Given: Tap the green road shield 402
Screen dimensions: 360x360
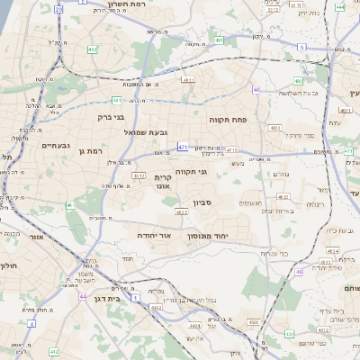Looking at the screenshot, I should pyautogui.click(x=92, y=49).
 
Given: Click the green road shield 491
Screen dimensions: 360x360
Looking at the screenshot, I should pyautogui.click(x=220, y=40).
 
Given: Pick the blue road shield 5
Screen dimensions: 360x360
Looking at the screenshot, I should pyautogui.click(x=301, y=47).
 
